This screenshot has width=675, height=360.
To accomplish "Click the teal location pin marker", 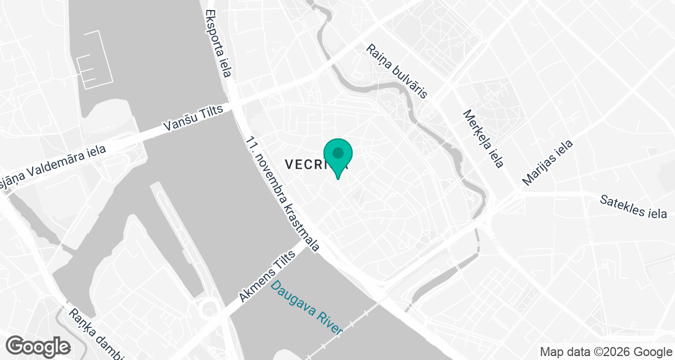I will tap(338, 157).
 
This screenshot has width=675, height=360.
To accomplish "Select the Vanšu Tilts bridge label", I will tap(193, 119).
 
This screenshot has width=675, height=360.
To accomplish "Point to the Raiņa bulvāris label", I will tap(397, 71).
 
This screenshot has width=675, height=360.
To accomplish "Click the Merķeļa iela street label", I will tap(483, 138).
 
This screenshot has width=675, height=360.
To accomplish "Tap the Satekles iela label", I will tap(633, 206).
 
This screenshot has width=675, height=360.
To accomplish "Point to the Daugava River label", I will tap(307, 308).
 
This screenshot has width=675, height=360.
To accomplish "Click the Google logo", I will tap(39, 346).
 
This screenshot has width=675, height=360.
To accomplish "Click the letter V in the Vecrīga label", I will tap(290, 165).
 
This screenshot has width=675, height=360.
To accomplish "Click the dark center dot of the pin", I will tap(338, 152).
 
